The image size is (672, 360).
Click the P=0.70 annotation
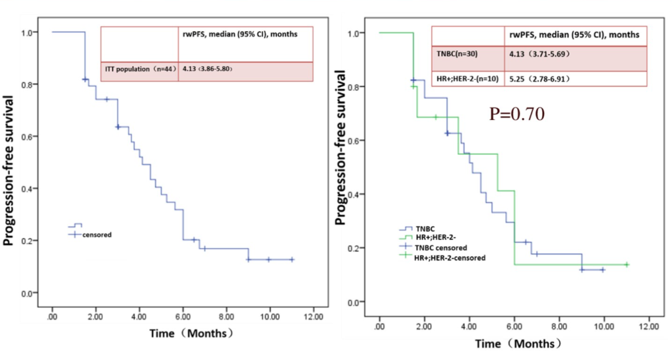tap(517, 114)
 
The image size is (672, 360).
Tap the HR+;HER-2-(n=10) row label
tap(469, 79)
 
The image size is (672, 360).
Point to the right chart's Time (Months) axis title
tap(518, 343)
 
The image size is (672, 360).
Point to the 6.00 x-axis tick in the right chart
tap(515, 326)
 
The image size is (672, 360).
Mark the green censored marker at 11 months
tap(627, 265)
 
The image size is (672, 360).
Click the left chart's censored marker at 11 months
tap(291, 259)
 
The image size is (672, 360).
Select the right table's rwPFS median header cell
tap(575, 35)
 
